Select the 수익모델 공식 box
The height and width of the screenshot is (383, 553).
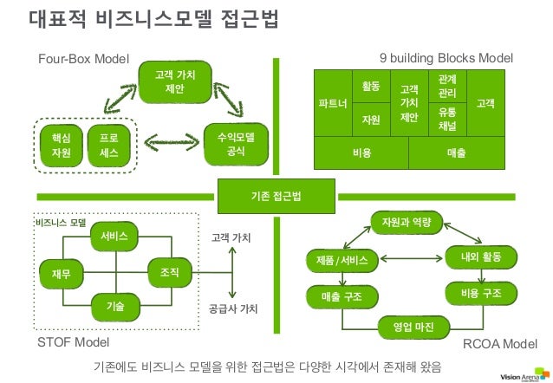(235, 144)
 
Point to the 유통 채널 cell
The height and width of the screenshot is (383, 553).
(447, 119)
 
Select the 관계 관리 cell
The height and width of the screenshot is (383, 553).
(447, 86)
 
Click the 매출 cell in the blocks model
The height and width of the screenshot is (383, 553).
(456, 153)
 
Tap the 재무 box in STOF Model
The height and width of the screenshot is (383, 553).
(62, 274)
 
